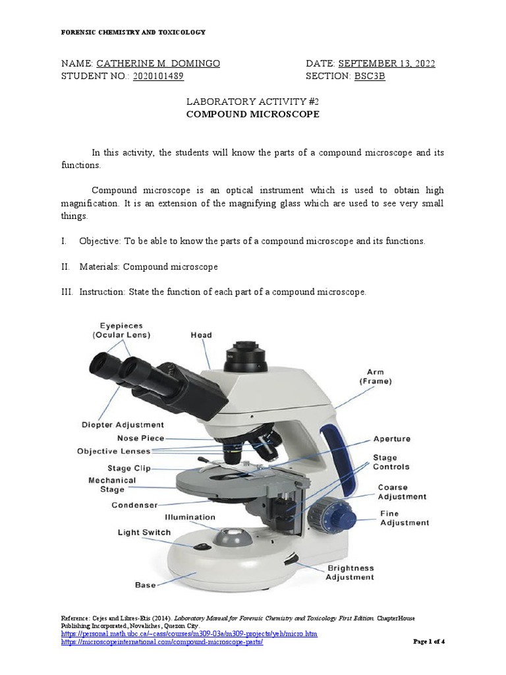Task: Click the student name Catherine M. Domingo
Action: point(158,64)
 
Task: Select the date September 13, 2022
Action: point(387,64)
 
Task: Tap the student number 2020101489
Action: point(158,76)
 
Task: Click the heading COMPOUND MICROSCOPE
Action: point(252,114)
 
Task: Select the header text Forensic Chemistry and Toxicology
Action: point(133,32)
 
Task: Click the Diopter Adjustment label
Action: point(123,425)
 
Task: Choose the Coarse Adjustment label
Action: point(401,492)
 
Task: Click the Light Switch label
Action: point(144,532)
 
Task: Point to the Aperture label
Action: point(391,438)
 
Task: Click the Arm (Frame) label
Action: point(376,376)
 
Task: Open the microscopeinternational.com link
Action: point(161,643)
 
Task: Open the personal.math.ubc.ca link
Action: point(189,634)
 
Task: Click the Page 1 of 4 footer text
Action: point(429,641)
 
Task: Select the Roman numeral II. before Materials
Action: point(65,266)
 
